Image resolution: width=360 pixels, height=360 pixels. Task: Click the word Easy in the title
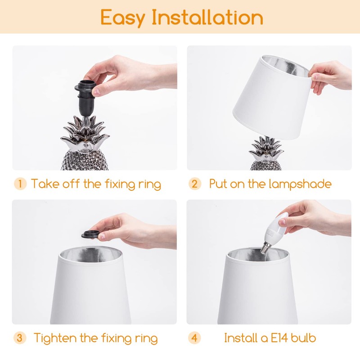coord(122,18)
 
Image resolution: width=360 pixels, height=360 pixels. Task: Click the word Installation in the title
coord(207,18)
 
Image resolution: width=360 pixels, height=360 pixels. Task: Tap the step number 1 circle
coord(20,184)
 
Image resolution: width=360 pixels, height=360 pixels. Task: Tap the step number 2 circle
coord(194,184)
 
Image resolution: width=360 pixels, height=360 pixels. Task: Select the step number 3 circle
coord(20,338)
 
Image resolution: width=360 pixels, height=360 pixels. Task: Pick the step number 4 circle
coord(194,338)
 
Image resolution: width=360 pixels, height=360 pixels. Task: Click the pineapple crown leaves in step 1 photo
coord(86,130)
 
